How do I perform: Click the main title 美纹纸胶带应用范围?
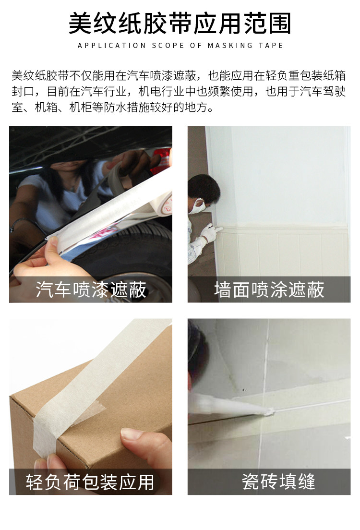click(180, 23)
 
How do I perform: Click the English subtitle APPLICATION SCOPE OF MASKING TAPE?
click(180, 46)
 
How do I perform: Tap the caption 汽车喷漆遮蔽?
click(91, 289)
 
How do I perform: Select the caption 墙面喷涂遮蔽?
click(269, 289)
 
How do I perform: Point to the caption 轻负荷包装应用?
click(91, 482)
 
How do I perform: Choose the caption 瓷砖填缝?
click(269, 482)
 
